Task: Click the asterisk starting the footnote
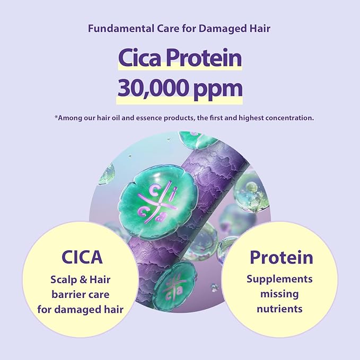56,117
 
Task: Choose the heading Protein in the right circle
281,258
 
